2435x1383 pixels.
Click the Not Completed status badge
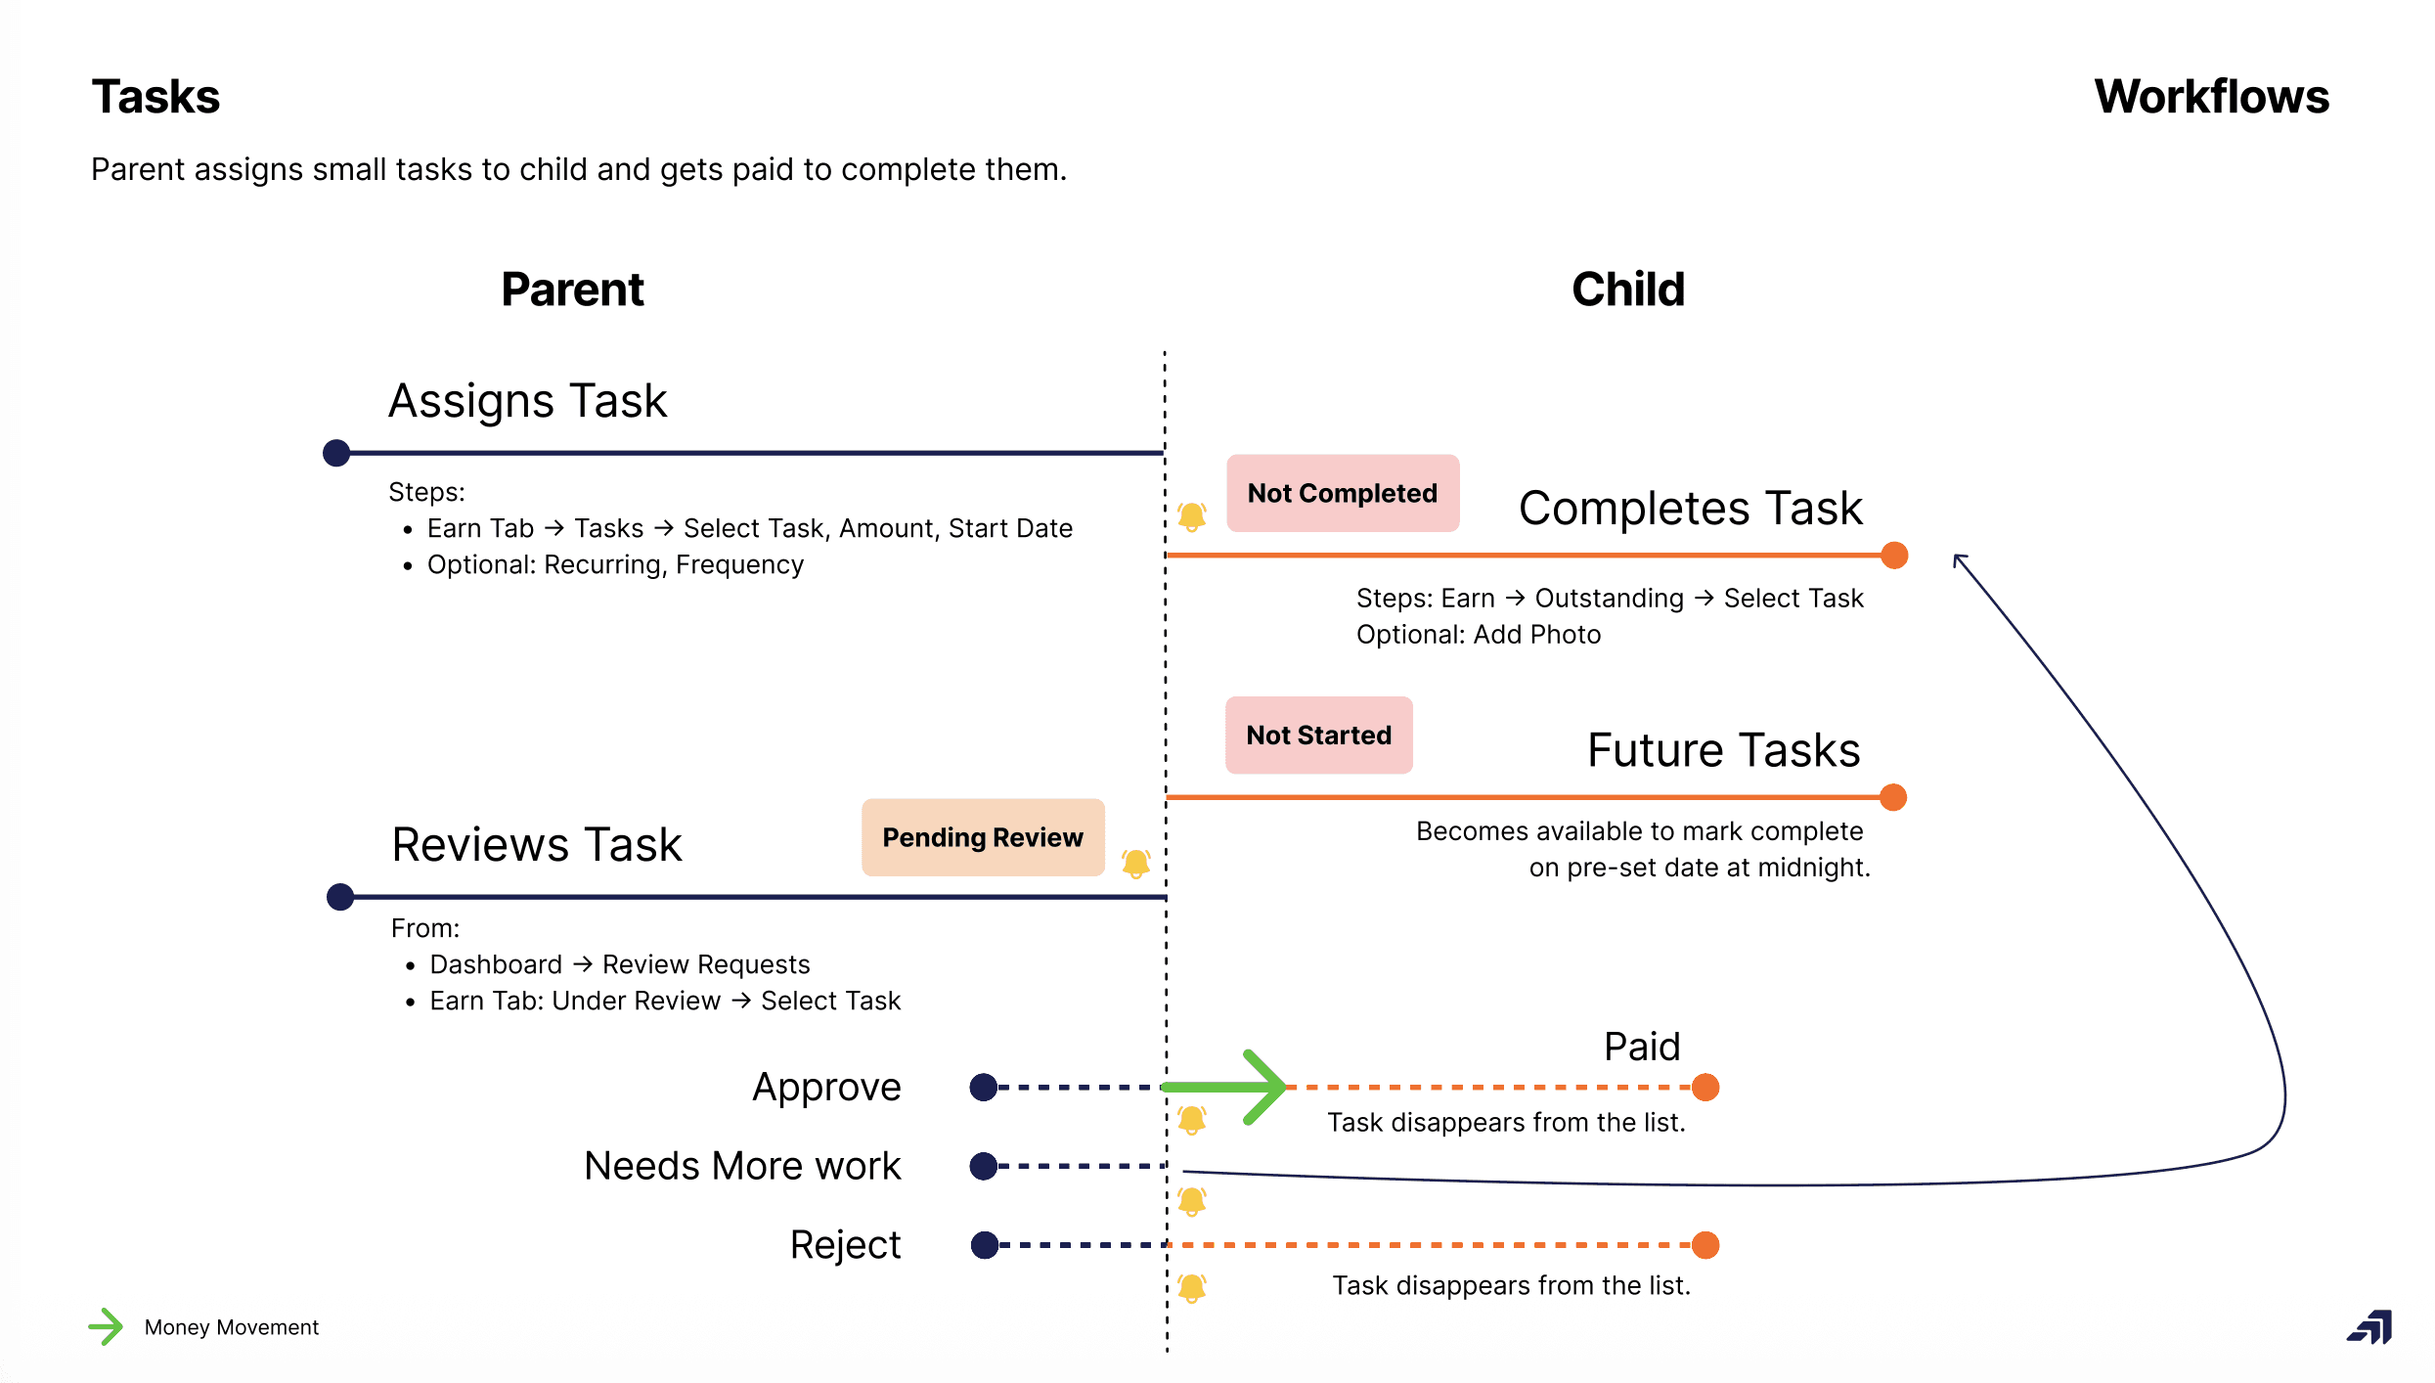pos(1342,493)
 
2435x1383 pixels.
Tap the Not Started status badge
pos(1318,735)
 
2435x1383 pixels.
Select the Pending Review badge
pos(982,837)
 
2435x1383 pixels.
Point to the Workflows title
pos(2211,97)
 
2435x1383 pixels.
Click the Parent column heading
pos(572,290)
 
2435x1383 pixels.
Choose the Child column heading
pos(1628,290)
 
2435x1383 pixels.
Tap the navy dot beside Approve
pos(983,1087)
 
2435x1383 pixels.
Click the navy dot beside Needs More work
pos(983,1166)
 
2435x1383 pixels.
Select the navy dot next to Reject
pos(984,1245)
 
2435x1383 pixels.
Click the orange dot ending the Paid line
pos(1705,1087)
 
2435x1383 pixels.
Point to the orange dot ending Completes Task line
pos(1894,556)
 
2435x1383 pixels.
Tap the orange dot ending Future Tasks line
pos(1893,797)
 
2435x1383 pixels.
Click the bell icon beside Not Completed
pos(1191,515)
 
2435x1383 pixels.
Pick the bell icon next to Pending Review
pos(1135,863)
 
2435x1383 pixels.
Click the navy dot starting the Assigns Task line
pos(336,453)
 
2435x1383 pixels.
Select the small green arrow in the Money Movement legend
pos(106,1327)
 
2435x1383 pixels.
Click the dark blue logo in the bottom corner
pos(2369,1327)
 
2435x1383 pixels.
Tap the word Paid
pos(1642,1047)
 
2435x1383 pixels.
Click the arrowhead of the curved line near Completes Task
pos(1959,560)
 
